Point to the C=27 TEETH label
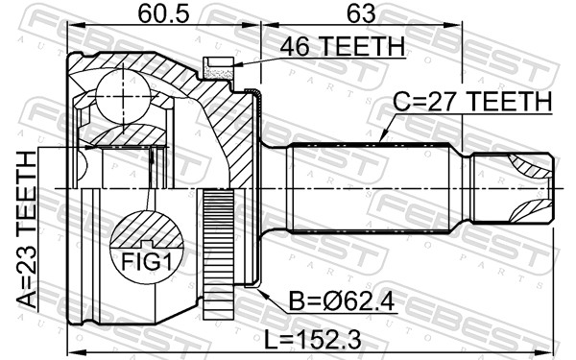tap(470, 101)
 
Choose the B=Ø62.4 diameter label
tap(341, 305)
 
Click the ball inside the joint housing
tap(122, 92)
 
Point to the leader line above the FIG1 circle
tap(151, 187)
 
